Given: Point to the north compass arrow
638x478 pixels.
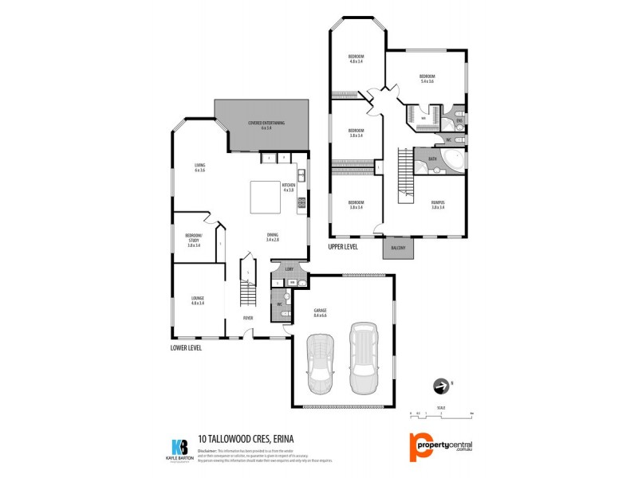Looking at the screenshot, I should coord(439,386).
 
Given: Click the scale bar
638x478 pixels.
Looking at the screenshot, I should coord(442,413).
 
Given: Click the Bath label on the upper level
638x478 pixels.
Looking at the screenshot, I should coord(432,159).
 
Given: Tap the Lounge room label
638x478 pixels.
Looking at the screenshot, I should coord(198,301).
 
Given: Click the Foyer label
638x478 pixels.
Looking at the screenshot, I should coord(248,318).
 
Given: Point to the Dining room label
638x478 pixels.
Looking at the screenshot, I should coord(273,237).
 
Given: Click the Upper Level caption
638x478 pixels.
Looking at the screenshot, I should coord(343,248).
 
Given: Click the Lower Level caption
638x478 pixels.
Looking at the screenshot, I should coord(186,348).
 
